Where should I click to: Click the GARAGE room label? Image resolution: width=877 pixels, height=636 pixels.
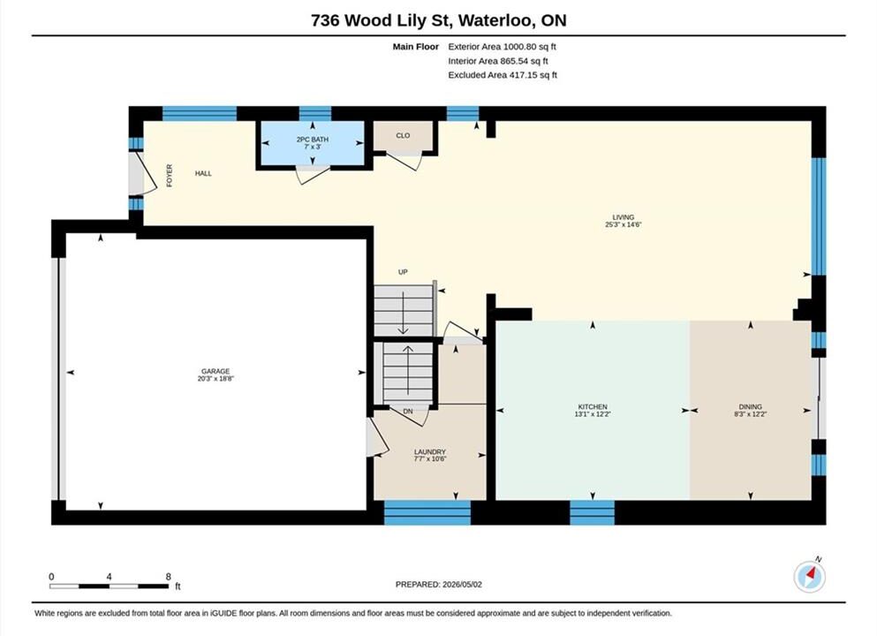click(215, 371)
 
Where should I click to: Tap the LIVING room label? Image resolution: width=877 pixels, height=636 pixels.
click(623, 217)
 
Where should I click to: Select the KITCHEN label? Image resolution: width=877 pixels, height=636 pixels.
click(593, 406)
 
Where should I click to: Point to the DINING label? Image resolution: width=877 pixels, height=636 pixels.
click(750, 406)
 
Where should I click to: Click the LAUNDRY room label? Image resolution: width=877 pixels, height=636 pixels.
click(429, 452)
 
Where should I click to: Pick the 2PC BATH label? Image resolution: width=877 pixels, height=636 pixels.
click(312, 140)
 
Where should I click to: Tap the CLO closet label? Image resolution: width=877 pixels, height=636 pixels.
click(403, 135)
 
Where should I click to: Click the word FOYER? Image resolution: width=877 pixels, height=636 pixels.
click(170, 175)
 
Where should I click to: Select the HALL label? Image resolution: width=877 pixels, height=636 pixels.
click(203, 173)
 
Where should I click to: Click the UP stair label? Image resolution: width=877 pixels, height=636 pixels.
click(403, 272)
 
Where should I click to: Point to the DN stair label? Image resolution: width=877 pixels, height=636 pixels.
click(408, 411)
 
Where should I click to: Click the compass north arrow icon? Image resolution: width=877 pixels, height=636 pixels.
click(809, 577)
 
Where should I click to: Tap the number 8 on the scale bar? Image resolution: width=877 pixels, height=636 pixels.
click(169, 577)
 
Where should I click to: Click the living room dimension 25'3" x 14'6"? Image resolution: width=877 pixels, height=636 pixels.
click(623, 225)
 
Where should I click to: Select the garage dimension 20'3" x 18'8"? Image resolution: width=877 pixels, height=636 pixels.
click(215, 379)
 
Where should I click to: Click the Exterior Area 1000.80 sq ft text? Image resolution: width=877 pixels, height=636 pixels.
click(502, 47)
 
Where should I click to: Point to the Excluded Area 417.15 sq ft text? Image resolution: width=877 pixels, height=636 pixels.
click(503, 75)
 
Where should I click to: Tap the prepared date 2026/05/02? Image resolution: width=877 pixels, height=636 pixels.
click(462, 585)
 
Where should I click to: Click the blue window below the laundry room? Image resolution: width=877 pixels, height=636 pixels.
click(427, 512)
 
